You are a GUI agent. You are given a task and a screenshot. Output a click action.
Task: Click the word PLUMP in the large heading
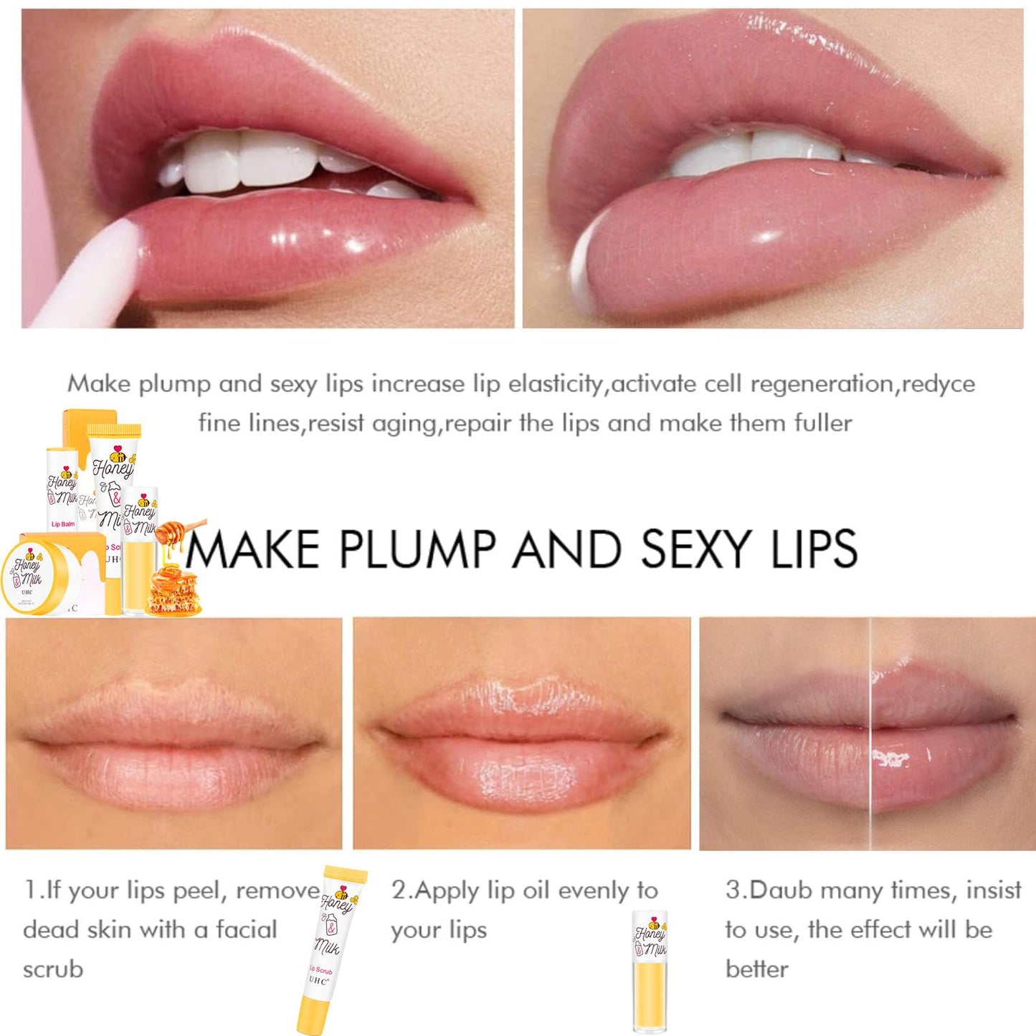click(418, 549)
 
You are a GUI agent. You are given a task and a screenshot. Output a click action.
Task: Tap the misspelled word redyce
click(938, 384)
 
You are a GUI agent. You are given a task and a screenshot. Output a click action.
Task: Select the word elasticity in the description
click(556, 384)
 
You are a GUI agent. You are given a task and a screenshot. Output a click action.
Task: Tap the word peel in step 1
click(198, 890)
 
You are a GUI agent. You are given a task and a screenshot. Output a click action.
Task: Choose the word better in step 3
click(756, 969)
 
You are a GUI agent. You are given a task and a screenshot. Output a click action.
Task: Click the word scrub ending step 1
click(53, 969)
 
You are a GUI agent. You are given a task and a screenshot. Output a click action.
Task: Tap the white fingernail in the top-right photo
click(584, 269)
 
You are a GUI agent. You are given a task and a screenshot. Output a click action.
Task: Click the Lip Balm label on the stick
click(62, 524)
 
